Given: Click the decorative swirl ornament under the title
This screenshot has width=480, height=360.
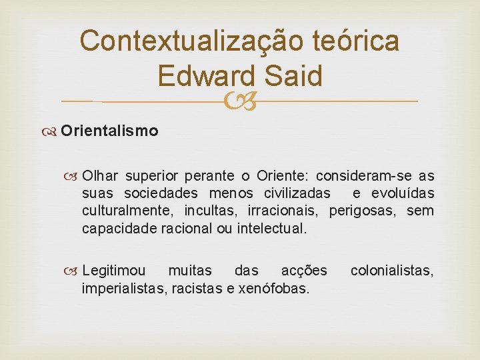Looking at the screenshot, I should (240, 101).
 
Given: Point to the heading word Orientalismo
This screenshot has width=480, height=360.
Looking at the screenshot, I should (109, 131).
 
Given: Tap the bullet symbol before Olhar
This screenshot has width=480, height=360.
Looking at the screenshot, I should (74, 176).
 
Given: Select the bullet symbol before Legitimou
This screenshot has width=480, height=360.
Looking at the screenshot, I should (74, 271).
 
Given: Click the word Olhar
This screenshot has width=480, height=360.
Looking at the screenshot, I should (100, 176).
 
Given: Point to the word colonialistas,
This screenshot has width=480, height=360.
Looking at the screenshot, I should (392, 271).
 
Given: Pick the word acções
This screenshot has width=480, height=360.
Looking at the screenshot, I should (304, 271).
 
